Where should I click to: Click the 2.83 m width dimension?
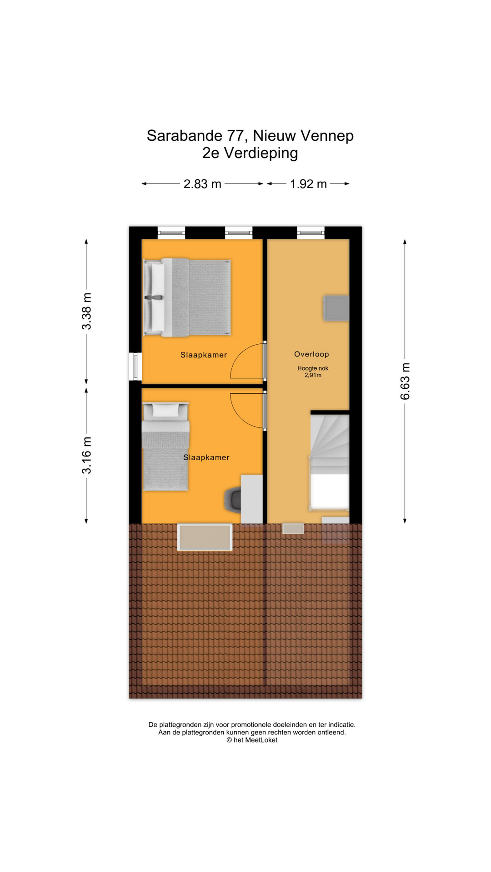point(202,184)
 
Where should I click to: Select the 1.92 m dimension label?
point(308,184)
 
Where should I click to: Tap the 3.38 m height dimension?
point(86,311)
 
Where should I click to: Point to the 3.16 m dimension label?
point(86,455)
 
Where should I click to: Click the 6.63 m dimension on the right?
point(405,381)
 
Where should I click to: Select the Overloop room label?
point(311,354)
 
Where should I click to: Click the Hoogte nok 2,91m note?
point(313,372)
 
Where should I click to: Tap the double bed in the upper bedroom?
point(187,297)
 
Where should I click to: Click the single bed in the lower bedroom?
point(166,446)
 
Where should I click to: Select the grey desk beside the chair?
point(251,499)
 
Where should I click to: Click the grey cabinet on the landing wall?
point(336,308)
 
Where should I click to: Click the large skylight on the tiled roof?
point(205,537)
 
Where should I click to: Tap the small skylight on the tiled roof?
point(293,529)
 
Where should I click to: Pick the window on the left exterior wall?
point(135,367)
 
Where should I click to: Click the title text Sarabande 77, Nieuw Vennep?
point(250,135)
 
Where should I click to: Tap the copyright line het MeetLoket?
point(252,740)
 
